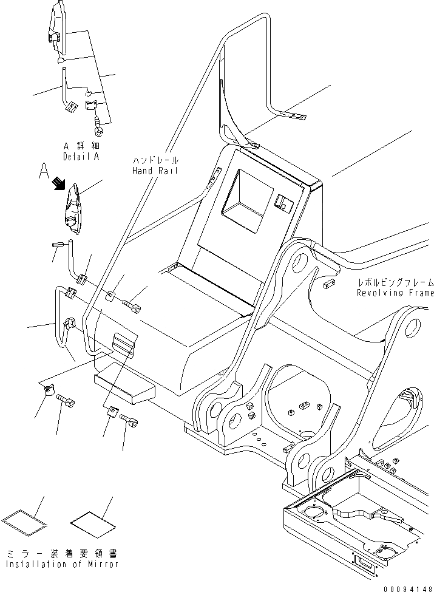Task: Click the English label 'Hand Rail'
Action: pyautogui.click(x=155, y=171)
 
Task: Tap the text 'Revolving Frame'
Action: pyautogui.click(x=395, y=293)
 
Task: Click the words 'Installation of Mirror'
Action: pyautogui.click(x=61, y=564)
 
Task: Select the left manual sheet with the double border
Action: pyautogui.click(x=24, y=520)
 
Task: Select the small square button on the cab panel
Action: pyautogui.click(x=282, y=203)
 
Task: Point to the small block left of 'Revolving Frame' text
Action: pyautogui.click(x=330, y=284)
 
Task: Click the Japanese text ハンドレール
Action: pyautogui.click(x=155, y=161)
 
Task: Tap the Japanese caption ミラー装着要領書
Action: pyautogui.click(x=61, y=554)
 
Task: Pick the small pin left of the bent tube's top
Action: pyautogui.click(x=58, y=245)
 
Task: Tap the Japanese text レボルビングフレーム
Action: pyautogui.click(x=395, y=283)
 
